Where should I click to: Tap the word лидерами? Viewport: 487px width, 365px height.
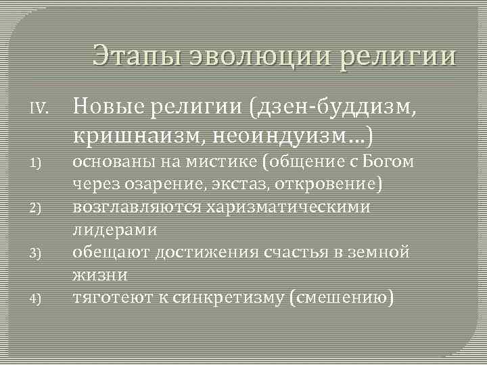[114, 230]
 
